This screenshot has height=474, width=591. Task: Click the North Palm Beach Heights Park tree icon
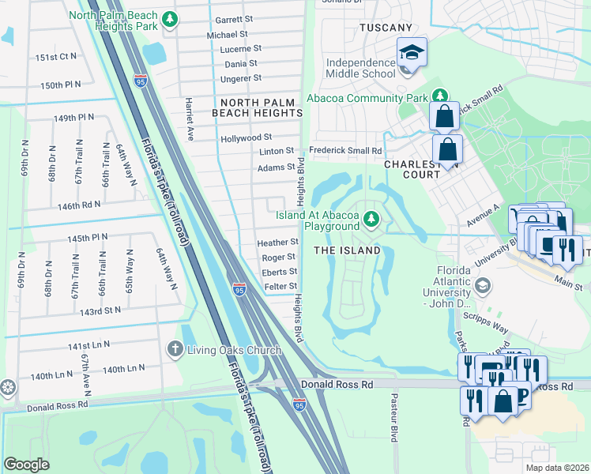tap(168, 18)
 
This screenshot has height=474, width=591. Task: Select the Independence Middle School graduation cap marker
tap(411, 52)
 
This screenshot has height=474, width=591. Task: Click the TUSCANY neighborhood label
tap(386, 28)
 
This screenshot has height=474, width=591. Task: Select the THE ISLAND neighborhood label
tap(348, 250)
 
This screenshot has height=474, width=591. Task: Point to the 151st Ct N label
tap(55, 57)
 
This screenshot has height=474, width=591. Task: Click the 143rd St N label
tap(100, 310)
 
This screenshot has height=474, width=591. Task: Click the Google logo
tap(26, 464)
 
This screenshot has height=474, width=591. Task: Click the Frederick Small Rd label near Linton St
tap(345, 150)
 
